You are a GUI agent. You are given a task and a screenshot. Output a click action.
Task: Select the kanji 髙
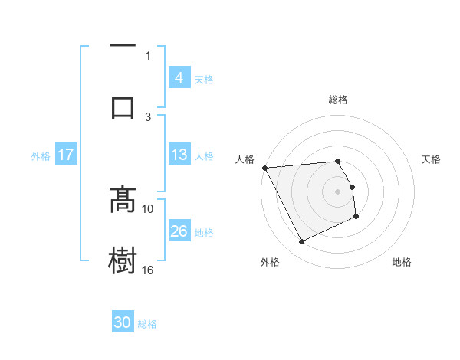tap(123, 201)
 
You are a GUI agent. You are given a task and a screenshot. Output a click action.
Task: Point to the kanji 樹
tap(123, 260)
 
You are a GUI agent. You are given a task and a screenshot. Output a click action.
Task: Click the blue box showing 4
tap(179, 78)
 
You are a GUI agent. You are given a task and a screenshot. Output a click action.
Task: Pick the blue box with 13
tap(179, 155)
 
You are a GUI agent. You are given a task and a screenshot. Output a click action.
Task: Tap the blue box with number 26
tap(179, 231)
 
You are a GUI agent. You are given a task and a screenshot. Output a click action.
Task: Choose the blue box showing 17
tap(66, 155)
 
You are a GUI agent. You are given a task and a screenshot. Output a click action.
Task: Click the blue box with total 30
tap(123, 323)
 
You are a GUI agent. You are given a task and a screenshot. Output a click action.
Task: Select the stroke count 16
tap(149, 270)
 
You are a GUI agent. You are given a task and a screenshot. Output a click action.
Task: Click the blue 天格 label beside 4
tap(204, 79)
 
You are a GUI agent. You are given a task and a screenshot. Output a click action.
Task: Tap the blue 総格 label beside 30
tap(147, 324)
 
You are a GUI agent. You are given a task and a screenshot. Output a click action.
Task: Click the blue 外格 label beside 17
tap(41, 155)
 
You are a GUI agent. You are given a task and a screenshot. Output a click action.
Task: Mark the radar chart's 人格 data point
tap(264, 168)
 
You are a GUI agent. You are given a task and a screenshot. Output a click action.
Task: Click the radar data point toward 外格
tap(301, 242)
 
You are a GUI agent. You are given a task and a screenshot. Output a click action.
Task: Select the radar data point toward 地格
tap(356, 217)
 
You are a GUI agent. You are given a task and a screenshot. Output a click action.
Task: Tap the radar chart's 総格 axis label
tap(338, 100)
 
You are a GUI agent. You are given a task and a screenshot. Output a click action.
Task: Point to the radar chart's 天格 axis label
tap(432, 159)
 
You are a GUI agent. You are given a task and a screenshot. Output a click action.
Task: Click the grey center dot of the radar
tap(338, 191)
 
